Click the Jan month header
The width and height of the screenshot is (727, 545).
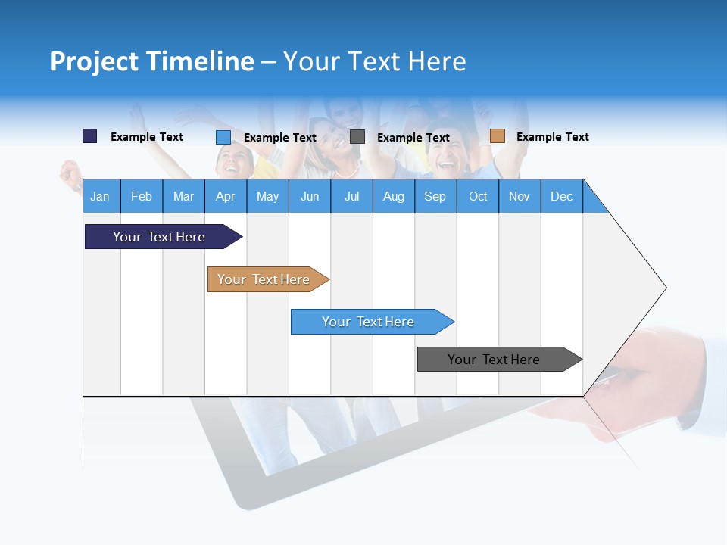(101, 196)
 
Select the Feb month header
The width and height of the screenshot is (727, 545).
(142, 196)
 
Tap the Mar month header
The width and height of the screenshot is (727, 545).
(183, 196)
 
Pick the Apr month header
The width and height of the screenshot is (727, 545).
(226, 196)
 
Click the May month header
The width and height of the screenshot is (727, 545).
(267, 196)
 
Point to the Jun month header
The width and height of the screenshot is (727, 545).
(310, 196)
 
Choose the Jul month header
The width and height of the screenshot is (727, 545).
(351, 196)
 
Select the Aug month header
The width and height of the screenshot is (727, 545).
(394, 196)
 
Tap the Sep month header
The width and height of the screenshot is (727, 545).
(435, 196)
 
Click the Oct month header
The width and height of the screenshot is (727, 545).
(478, 196)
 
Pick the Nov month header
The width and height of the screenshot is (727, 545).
(520, 196)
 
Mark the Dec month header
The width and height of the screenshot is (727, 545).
(562, 196)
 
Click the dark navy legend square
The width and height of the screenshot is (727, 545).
(90, 136)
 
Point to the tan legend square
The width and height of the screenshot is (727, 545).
(498, 136)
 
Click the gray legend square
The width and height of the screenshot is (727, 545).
(357, 137)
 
